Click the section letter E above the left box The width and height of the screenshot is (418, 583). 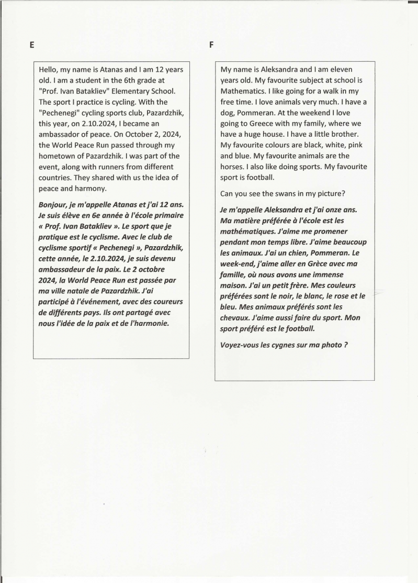pyautogui.click(x=32, y=45)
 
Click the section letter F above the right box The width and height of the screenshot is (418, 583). pyautogui.click(x=211, y=45)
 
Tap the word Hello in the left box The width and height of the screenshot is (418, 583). pyautogui.click(x=50, y=69)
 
